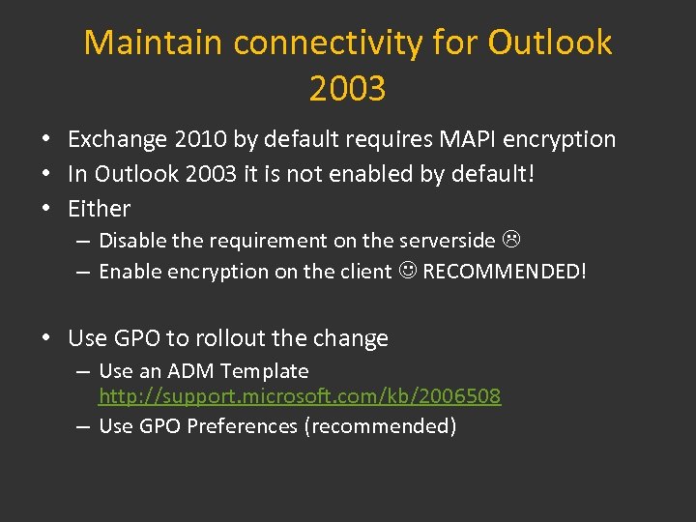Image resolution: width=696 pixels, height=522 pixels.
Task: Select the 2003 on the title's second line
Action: coord(347,89)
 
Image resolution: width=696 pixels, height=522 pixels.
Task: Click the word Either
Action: coord(99,209)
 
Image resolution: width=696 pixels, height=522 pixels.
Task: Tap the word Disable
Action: coord(132,241)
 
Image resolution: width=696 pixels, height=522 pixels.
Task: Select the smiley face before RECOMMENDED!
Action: coord(407,272)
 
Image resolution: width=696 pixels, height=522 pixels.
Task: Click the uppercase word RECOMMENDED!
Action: coord(505,272)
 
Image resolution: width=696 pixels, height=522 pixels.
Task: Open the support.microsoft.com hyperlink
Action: coord(300,396)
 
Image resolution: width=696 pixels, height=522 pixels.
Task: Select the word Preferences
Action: coord(242,426)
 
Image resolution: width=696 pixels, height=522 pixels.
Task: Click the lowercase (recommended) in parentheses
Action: coord(380,426)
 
